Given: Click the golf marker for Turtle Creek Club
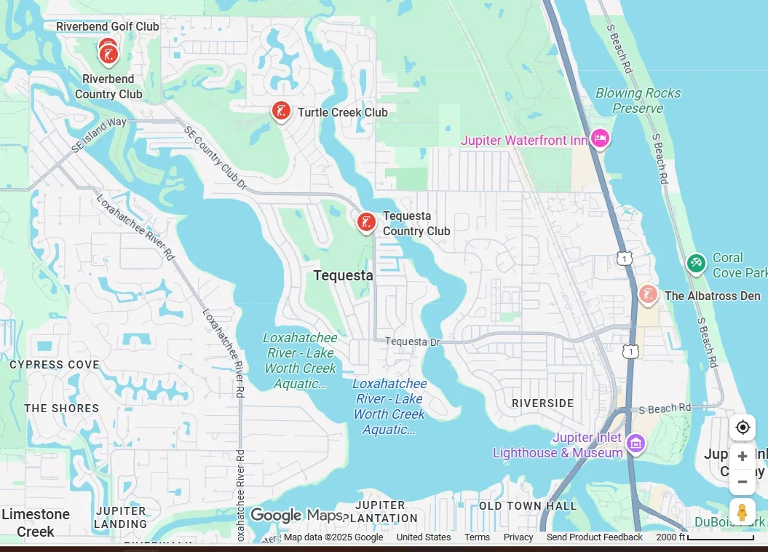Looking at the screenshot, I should pos(281,111).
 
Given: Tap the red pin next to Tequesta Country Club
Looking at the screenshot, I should pos(366,222).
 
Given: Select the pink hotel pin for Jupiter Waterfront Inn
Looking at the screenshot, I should pos(599,138).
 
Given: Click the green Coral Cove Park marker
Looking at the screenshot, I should pos(696,263).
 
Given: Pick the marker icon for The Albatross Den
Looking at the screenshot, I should pos(647,295).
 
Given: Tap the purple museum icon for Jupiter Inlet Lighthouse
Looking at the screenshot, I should pos(636,443).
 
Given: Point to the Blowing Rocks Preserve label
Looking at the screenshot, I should pos(638,100).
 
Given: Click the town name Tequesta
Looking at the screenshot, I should pos(343,275).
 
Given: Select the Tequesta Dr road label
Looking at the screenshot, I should pos(413,342).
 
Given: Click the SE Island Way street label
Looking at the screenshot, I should pos(100,135).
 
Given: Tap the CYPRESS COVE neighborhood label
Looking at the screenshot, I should pos(55,364).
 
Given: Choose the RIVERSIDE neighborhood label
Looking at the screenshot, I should pos(542,403).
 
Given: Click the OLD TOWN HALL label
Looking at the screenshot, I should pos(527,505).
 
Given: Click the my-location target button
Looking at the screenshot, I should pos(742,427).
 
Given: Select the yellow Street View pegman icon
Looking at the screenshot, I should pos(742,513).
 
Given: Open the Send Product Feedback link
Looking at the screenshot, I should pos(594,537).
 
